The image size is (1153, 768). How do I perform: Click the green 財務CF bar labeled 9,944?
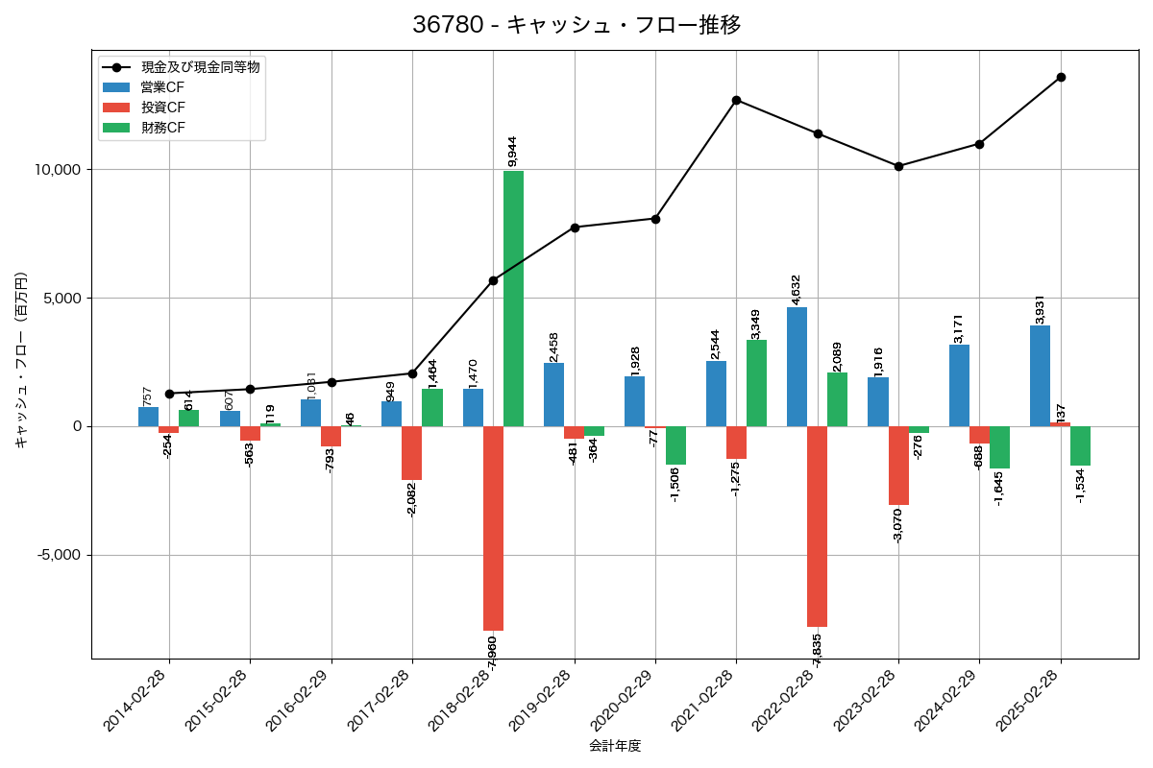(513, 299)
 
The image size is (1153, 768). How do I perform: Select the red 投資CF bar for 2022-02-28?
(817, 526)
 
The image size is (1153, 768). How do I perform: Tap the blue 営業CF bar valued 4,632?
(797, 367)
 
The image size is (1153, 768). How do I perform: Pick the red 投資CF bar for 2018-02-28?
(493, 528)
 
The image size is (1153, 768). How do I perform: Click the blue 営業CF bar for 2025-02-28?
(1040, 375)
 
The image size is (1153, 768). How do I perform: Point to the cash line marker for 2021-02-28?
(736, 100)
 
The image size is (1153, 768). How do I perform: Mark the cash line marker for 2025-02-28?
(1061, 77)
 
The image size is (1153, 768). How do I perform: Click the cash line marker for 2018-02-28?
(493, 280)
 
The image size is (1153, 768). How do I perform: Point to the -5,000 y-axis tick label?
(58, 555)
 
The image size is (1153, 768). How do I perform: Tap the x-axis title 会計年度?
(615, 746)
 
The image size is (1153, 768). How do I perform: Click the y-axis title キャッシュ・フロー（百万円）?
(21, 361)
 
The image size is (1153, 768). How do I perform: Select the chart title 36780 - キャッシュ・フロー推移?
(576, 25)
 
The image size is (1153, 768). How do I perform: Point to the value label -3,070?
(897, 523)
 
